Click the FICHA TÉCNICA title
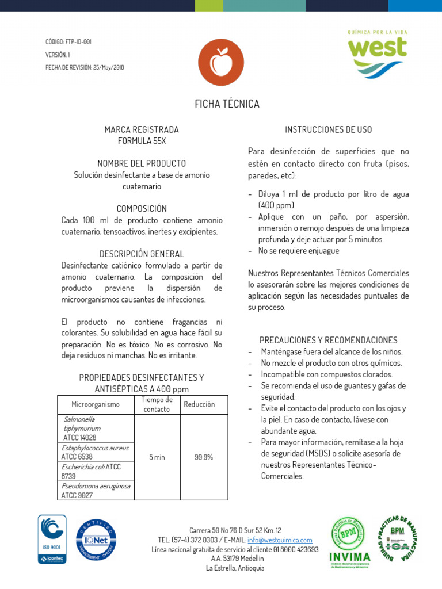pos(227,104)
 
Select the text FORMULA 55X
pos(142,141)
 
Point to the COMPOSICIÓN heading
pos(142,209)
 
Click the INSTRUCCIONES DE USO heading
pos(329,129)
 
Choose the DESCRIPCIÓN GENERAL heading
pos(142,254)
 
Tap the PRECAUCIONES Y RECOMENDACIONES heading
pos(329,340)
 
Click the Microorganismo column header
pos(94,405)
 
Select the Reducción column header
pos(199,405)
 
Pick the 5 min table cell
pos(157,457)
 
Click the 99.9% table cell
pos(204,457)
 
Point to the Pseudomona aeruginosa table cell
pos(96,490)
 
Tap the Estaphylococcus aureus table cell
pos(95,452)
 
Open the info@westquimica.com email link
pos(280,540)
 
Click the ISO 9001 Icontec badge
pos(52,539)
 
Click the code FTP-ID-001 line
pos(68,42)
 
